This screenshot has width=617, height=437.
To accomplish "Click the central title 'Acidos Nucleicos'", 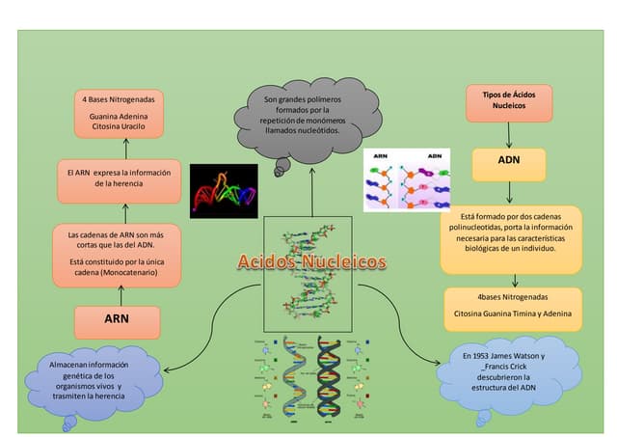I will pyautogui.click(x=311, y=262).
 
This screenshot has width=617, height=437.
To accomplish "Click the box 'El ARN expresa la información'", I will pyautogui.click(x=118, y=178).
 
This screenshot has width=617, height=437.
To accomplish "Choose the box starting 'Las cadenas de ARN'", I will pyautogui.click(x=117, y=254).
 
